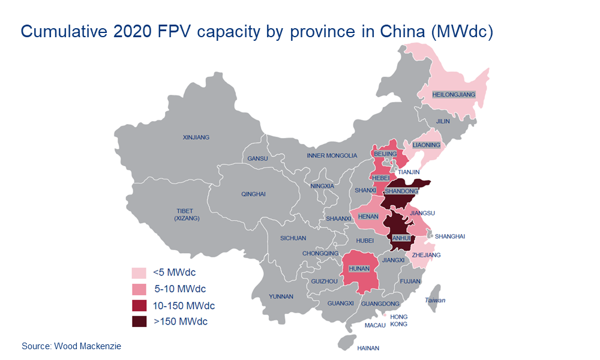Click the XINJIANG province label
[196, 137]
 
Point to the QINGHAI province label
[253, 194]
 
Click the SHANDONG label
[401, 191]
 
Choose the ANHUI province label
[400, 238]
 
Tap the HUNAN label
[359, 269]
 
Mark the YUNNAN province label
[281, 296]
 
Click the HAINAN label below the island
[368, 347]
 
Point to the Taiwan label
[436, 300]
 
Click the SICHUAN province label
[293, 238]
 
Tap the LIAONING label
[427, 145]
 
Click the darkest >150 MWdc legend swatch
[139, 322]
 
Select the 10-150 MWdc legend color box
[139, 305]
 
